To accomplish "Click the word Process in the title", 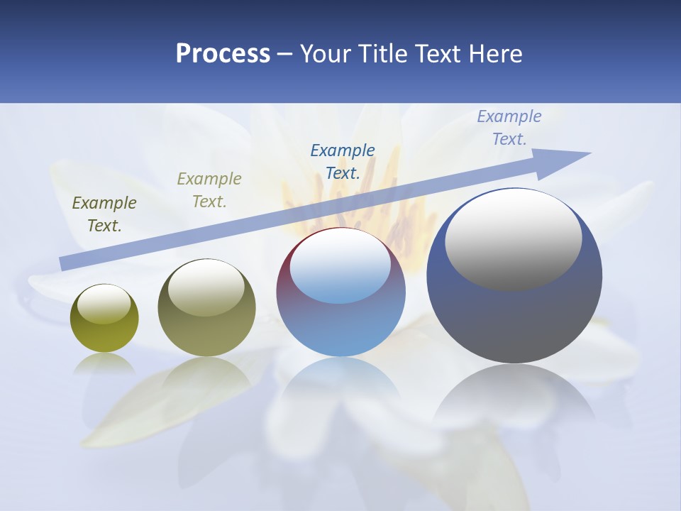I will pyautogui.click(x=223, y=54).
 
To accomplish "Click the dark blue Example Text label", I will pyautogui.click(x=343, y=161).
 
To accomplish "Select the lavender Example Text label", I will pyautogui.click(x=509, y=127).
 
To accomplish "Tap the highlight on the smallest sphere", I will pyautogui.click(x=104, y=304).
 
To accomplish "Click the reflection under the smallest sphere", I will pyautogui.click(x=104, y=363).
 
